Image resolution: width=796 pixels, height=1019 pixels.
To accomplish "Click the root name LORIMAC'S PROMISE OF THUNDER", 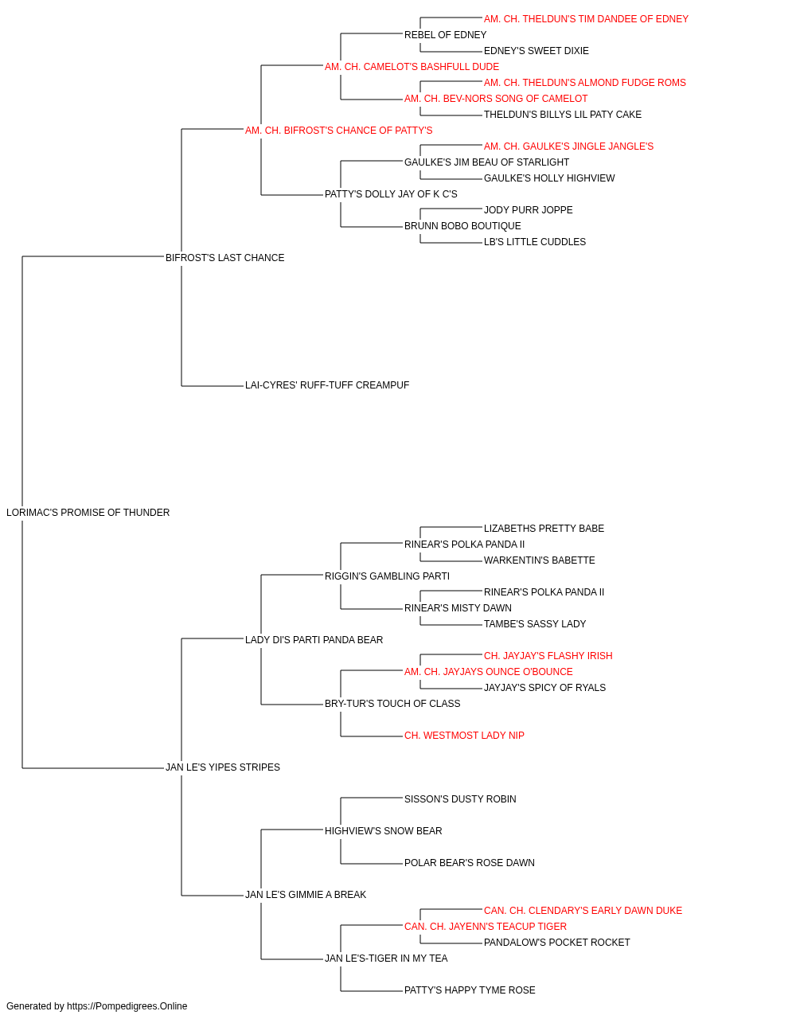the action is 88,513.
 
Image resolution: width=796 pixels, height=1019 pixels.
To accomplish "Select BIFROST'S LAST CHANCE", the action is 224,258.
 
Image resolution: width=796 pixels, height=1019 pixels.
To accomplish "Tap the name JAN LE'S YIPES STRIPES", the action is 223,767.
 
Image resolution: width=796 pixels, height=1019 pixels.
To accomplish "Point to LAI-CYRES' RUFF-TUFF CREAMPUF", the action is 326,385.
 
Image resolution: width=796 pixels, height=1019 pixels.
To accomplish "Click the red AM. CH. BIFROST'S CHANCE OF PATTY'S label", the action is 338,131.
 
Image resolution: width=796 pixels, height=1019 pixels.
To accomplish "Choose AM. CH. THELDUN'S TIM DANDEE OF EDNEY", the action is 586,19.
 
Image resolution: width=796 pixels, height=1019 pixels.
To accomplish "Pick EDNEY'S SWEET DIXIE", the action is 536,51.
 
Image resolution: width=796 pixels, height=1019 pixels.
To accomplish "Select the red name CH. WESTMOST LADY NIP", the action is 464,736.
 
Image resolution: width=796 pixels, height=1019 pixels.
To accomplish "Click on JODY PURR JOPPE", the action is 528,210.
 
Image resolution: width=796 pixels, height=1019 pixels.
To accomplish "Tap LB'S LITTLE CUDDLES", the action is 534,242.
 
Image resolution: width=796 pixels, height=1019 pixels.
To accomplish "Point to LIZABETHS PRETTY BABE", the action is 544,529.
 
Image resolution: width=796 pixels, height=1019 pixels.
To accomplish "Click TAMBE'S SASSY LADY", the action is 535,623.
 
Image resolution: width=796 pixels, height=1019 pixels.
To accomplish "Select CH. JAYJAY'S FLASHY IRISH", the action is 548,655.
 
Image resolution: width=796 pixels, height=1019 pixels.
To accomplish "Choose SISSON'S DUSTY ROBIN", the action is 460,799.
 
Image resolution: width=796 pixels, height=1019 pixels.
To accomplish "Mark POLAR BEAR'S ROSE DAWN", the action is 470,863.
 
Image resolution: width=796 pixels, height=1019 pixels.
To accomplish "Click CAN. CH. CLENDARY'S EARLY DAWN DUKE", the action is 583,911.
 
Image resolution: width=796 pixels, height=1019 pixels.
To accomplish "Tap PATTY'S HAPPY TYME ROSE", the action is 470,990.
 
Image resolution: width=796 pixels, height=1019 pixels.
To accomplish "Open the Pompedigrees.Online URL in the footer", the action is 127,1006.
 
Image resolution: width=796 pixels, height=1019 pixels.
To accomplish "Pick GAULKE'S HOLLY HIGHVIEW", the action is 549,178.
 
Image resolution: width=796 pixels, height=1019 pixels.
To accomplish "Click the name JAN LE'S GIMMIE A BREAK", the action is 305,895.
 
